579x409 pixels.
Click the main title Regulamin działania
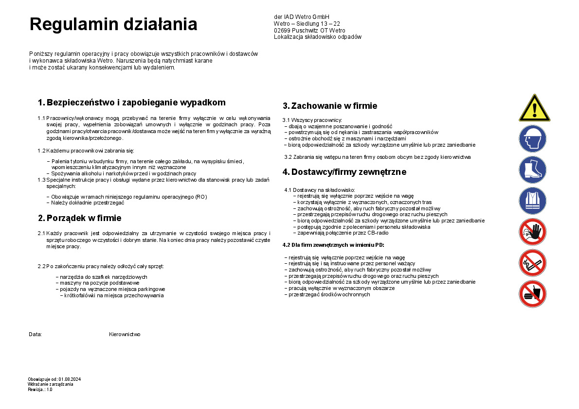pyautogui.click(x=113, y=24)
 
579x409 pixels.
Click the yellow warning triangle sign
pyautogui.click(x=534, y=109)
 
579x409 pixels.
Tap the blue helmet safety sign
pyautogui.click(x=532, y=139)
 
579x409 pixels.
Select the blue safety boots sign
pyautogui.click(x=532, y=170)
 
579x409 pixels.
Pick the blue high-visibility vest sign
pyautogui.click(x=532, y=201)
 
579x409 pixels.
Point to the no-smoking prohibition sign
pyautogui.click(x=532, y=263)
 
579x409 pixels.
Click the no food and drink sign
pyautogui.click(x=532, y=294)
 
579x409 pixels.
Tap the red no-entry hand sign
pyautogui.click(x=532, y=232)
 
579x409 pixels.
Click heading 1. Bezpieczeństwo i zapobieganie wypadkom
pyautogui.click(x=131, y=102)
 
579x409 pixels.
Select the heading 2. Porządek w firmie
pyautogui.click(x=79, y=218)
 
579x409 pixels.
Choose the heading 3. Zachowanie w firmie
pyautogui.click(x=330, y=106)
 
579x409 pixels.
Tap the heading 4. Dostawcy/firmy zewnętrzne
pyautogui.click(x=344, y=172)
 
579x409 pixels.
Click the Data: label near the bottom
pyautogui.click(x=35, y=335)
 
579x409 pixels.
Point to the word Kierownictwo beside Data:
pyautogui.click(x=125, y=335)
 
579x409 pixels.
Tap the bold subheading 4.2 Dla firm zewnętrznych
pyautogui.click(x=333, y=245)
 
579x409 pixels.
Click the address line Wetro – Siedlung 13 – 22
pyautogui.click(x=307, y=24)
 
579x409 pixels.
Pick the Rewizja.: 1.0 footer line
pyautogui.click(x=40, y=389)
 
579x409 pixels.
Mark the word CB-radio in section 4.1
pyautogui.click(x=375, y=233)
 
